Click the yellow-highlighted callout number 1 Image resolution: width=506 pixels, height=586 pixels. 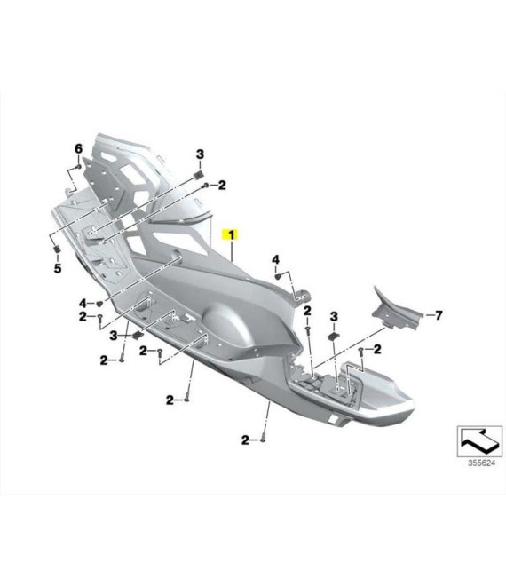pos(232,235)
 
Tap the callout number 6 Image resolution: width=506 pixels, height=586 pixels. pos(78,149)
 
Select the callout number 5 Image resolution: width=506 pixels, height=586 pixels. pos(58,268)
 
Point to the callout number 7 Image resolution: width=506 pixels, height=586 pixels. pos(439,315)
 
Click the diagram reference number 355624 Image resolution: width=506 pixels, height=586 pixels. pos(481,463)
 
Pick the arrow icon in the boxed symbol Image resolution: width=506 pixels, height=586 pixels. pos(480,441)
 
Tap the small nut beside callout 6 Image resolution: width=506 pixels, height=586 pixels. pos(78,166)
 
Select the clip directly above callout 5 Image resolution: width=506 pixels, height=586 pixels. pos(57,248)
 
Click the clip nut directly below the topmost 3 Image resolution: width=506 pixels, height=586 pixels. pos(200,174)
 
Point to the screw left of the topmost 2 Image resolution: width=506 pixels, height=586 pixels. pos(205,186)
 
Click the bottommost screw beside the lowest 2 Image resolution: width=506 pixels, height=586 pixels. pos(263,439)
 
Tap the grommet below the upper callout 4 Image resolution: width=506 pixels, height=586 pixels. pos(278,276)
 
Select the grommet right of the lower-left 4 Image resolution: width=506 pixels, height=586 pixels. pos(99,303)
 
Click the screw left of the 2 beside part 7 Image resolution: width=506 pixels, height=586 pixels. pos(360,350)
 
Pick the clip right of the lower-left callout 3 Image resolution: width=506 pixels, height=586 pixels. pos(138,335)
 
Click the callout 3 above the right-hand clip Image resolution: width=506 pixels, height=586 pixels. pos(334,317)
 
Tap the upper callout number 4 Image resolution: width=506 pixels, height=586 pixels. pos(275,259)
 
